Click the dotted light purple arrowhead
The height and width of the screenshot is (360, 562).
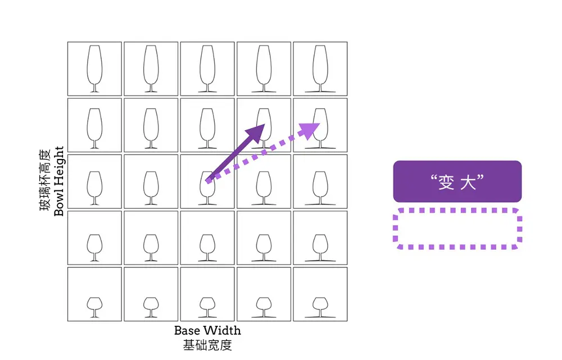309,131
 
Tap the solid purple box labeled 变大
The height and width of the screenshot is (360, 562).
457,181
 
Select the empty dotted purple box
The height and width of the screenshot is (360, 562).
457,229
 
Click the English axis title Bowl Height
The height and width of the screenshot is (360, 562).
59,181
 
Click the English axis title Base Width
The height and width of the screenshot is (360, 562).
207,330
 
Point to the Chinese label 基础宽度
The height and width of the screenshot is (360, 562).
207,345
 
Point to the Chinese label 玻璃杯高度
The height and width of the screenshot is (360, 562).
45,181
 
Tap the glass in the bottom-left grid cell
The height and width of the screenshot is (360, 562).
94,307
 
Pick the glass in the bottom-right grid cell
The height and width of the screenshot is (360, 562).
320,307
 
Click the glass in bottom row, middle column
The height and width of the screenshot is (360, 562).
207,307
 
